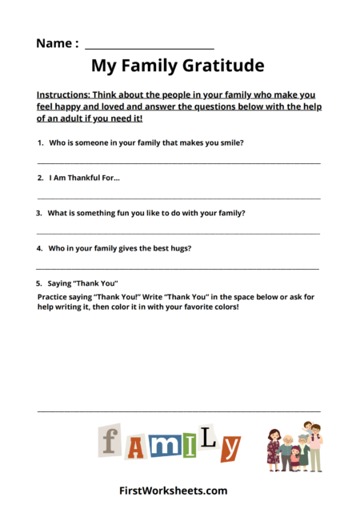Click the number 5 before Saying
tap(38, 283)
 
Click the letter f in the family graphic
tap(111, 442)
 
